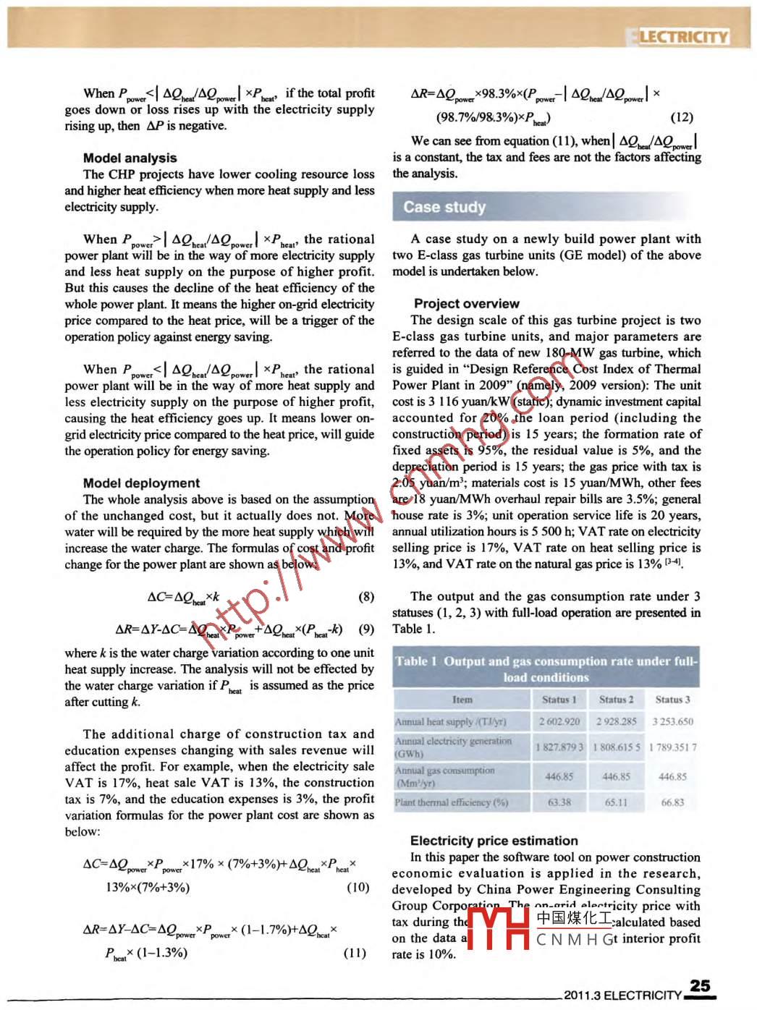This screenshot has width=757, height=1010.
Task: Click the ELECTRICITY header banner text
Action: coord(681,37)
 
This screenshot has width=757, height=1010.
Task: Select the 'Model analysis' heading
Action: coord(130,158)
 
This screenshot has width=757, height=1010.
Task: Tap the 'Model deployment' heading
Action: coord(141,483)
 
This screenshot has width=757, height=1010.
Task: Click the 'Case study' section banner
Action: coord(444,207)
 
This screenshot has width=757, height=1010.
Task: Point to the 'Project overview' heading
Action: coord(466,303)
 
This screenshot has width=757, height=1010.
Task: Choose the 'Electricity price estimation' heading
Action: coord(494,840)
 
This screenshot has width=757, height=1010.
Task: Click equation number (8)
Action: coord(366,596)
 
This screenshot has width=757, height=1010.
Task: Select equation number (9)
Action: coord(366,629)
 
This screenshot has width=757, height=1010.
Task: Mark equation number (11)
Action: coord(355,951)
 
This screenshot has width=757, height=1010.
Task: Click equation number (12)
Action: coord(682,116)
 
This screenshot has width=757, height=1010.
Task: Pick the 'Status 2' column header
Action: coord(616,700)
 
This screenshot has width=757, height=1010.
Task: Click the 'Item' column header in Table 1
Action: coord(462,700)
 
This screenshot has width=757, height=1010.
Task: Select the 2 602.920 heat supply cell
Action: coord(559,721)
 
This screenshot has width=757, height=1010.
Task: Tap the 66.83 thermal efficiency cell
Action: coord(672,802)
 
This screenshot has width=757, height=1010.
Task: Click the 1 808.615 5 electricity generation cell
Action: coord(616,747)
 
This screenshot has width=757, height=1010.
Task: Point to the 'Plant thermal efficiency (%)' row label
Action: coord(452,802)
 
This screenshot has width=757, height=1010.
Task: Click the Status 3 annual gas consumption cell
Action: coord(672,776)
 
